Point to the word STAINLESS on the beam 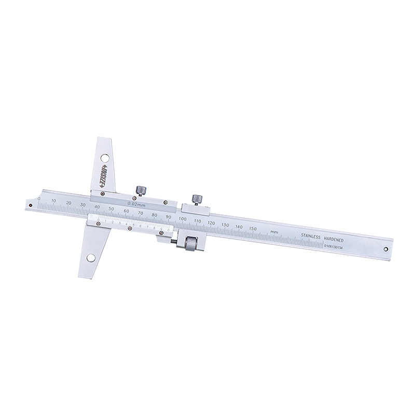312,236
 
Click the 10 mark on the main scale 55,200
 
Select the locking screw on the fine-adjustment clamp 196,199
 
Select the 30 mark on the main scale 83,204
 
